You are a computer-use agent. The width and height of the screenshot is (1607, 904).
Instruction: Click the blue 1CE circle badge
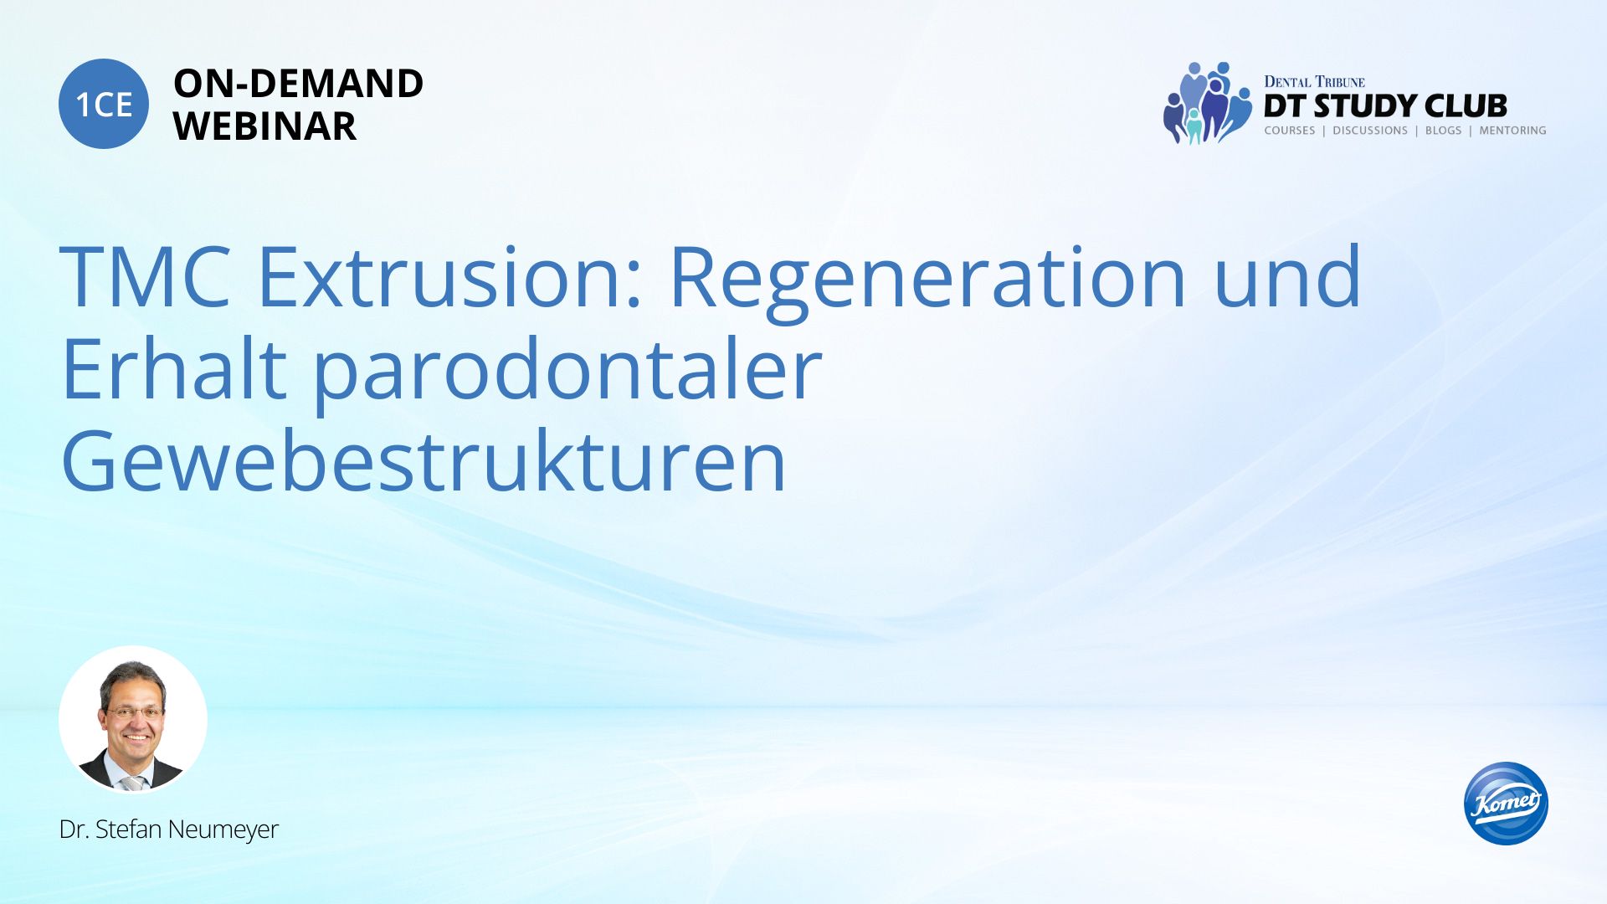point(104,104)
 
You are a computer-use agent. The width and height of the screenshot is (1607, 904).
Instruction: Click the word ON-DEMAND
point(298,84)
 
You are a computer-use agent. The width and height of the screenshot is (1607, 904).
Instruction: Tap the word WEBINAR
point(264,126)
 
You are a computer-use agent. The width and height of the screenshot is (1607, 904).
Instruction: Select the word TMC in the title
point(145,276)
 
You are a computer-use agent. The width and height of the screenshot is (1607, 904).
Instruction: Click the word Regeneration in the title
point(927,280)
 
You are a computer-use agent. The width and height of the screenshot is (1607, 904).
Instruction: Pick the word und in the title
point(1287,276)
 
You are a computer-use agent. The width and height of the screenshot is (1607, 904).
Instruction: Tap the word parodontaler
point(567,372)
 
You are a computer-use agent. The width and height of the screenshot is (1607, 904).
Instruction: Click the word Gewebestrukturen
point(424,460)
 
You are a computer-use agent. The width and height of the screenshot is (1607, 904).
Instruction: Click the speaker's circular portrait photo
point(133,719)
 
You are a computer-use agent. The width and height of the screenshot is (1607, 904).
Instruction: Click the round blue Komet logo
point(1506,803)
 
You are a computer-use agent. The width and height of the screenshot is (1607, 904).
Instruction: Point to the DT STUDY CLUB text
point(1385,106)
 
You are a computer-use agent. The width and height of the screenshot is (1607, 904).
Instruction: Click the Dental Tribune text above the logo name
point(1314,81)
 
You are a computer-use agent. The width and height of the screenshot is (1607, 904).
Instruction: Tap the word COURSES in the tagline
point(1290,131)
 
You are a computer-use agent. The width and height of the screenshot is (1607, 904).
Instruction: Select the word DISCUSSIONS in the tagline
point(1370,131)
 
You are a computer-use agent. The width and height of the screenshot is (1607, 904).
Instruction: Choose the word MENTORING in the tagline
point(1512,131)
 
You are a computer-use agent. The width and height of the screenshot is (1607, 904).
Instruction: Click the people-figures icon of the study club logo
point(1206,103)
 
